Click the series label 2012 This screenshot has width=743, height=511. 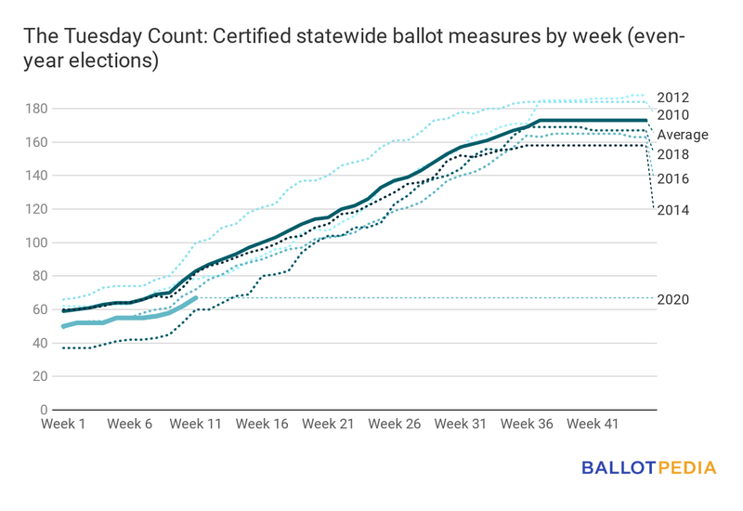pyautogui.click(x=672, y=98)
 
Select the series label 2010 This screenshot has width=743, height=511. pyautogui.click(x=672, y=115)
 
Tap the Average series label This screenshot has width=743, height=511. pyautogui.click(x=682, y=135)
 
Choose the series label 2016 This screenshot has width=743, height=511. pyautogui.click(x=672, y=178)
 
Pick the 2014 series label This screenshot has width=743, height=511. pyautogui.click(x=672, y=210)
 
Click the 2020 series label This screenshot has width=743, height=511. pyautogui.click(x=672, y=299)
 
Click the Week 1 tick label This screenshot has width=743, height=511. pyautogui.click(x=64, y=424)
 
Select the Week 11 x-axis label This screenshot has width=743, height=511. pyautogui.click(x=196, y=424)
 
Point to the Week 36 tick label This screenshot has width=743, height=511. pyautogui.click(x=527, y=424)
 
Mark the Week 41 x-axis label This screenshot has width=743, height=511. pyautogui.click(x=593, y=424)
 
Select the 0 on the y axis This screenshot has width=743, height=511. pyautogui.click(x=41, y=410)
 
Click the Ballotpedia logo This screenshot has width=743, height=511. pyautogui.click(x=649, y=468)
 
